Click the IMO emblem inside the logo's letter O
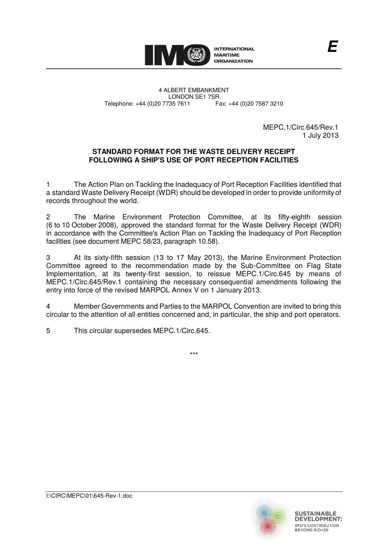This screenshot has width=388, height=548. [198, 55]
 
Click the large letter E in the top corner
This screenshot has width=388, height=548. [332, 47]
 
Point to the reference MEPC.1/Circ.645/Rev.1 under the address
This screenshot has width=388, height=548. [300, 127]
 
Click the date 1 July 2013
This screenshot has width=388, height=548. [320, 135]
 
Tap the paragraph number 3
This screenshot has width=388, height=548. [48, 258]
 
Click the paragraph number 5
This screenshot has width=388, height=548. [48, 331]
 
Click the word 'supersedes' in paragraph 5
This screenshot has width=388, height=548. [136, 331]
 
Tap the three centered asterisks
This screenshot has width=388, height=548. [194, 354]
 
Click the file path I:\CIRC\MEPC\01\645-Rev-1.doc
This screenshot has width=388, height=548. [89, 496]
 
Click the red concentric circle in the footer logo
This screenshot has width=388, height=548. [267, 527]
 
